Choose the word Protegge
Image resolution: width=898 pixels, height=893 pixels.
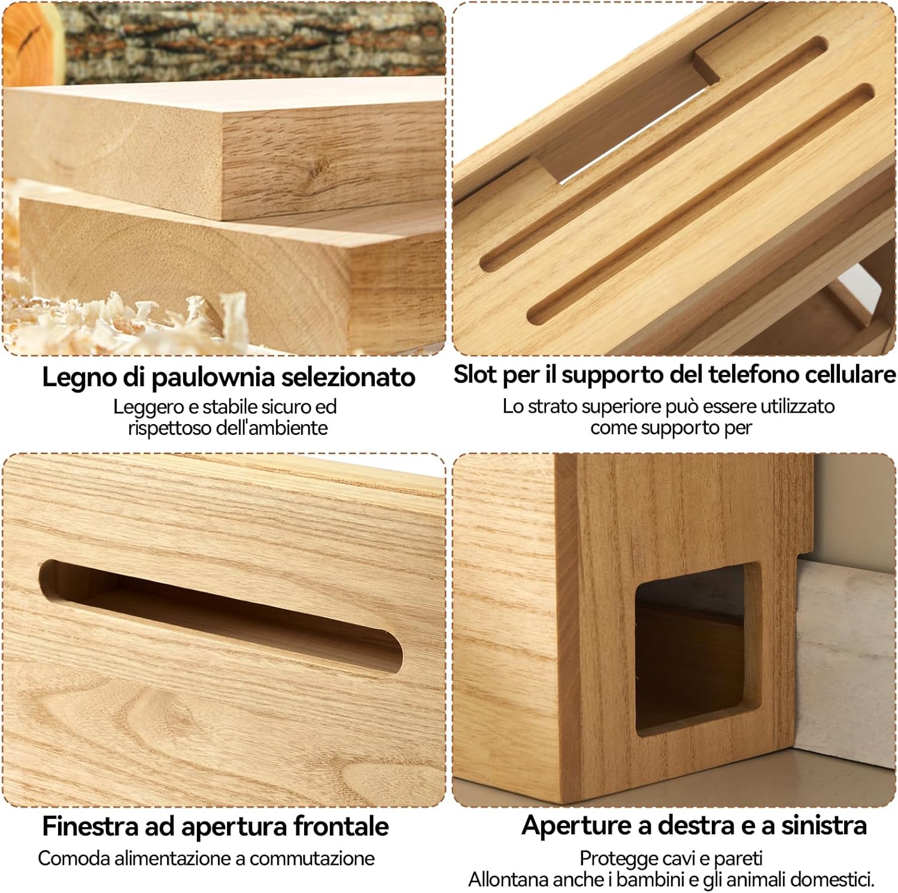614,858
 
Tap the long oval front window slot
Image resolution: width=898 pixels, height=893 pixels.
222,617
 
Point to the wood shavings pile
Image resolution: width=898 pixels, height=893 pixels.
120,317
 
